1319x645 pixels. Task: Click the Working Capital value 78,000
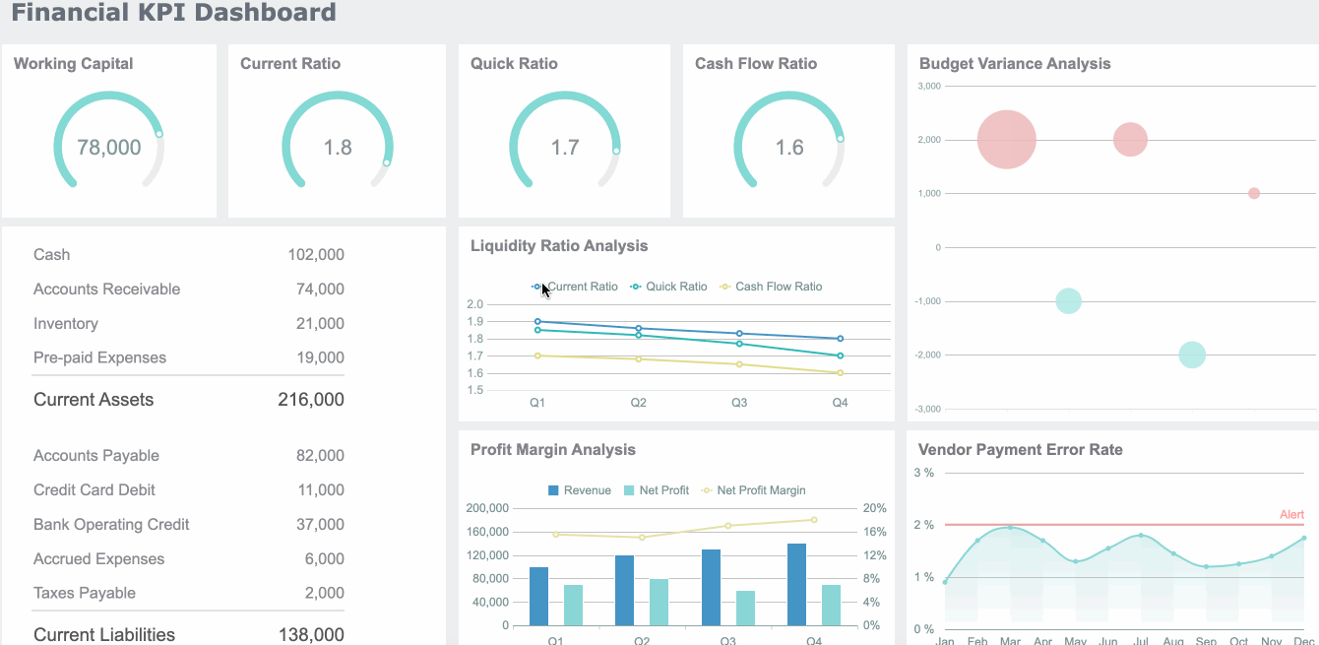[109, 148]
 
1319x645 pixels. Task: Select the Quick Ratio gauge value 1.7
[565, 148]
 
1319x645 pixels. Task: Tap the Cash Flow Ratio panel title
[755, 63]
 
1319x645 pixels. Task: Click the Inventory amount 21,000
[320, 323]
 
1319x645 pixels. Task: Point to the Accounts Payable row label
[96, 455]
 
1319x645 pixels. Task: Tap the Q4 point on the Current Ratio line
[840, 339]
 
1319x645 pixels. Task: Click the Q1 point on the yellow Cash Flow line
[537, 355]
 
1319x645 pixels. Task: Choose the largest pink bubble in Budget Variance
[1006, 140]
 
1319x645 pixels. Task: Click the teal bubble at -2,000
[1192, 355]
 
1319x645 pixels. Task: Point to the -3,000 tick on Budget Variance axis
[928, 409]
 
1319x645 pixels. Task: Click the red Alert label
[1291, 515]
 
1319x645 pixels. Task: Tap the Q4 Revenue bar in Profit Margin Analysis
[796, 584]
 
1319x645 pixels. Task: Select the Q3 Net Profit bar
[745, 608]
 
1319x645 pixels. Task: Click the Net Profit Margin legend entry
[760, 490]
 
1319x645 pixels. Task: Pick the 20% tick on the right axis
[874, 508]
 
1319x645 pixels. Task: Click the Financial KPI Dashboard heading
[173, 13]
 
